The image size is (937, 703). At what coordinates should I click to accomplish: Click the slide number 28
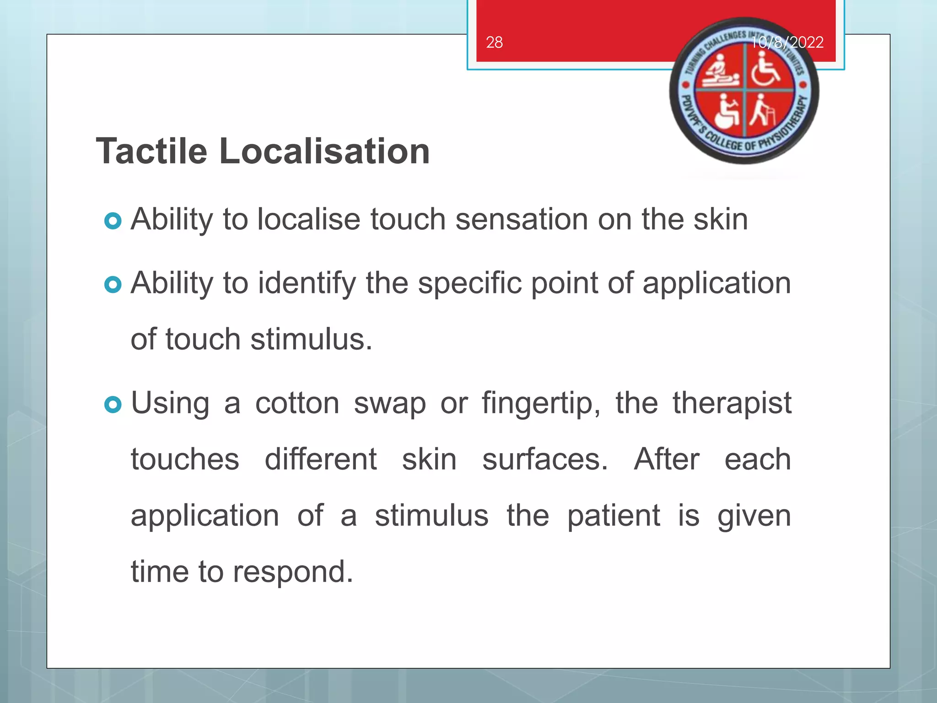click(x=494, y=43)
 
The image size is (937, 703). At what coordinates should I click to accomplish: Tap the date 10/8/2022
click(x=787, y=43)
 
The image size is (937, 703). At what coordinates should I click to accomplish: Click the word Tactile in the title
click(x=151, y=151)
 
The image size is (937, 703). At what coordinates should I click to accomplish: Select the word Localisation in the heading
click(x=324, y=151)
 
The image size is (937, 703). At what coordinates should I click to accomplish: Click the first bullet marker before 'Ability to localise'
click(x=113, y=222)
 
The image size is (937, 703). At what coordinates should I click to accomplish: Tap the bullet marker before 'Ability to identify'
click(x=113, y=285)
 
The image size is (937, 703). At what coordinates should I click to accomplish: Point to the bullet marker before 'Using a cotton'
click(x=113, y=405)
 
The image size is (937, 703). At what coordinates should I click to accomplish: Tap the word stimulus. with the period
click(x=311, y=340)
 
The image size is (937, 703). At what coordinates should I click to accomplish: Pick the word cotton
click(x=297, y=404)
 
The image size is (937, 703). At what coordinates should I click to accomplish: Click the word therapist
click(x=732, y=404)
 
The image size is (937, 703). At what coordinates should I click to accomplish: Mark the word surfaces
click(x=545, y=460)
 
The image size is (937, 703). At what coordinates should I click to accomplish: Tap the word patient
click(x=614, y=516)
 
